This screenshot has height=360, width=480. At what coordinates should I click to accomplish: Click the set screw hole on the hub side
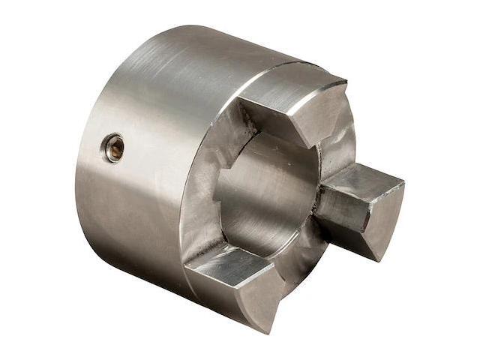pyautogui.click(x=114, y=148)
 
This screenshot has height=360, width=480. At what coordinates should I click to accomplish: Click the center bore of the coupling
pyautogui.click(x=262, y=195)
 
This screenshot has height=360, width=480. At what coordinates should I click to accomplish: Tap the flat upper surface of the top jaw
pyautogui.click(x=289, y=86)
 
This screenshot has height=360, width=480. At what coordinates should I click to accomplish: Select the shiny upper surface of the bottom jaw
pyautogui.click(x=225, y=262)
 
